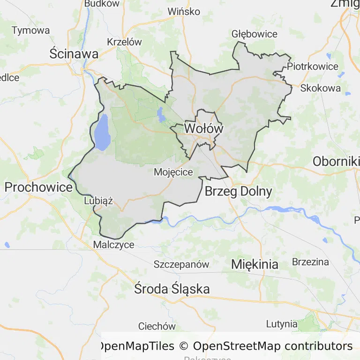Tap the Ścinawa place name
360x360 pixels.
(74, 54)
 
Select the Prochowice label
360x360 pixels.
(38, 187)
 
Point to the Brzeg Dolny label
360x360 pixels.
(239, 191)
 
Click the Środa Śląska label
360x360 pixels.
(172, 289)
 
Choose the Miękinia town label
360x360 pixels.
(255, 264)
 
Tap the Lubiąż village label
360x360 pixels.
(98, 201)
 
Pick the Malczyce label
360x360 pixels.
(114, 245)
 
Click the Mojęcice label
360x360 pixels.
(173, 172)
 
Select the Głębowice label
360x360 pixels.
(255, 34)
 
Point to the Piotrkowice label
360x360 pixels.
(313, 66)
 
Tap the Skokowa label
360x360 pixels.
(321, 88)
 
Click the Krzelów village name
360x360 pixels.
(124, 41)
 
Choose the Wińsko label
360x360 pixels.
(184, 11)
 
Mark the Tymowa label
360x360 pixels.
(30, 30)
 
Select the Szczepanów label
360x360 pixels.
(181, 264)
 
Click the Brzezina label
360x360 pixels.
(310, 262)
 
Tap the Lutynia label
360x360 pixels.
(282, 323)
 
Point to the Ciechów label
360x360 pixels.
(157, 326)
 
